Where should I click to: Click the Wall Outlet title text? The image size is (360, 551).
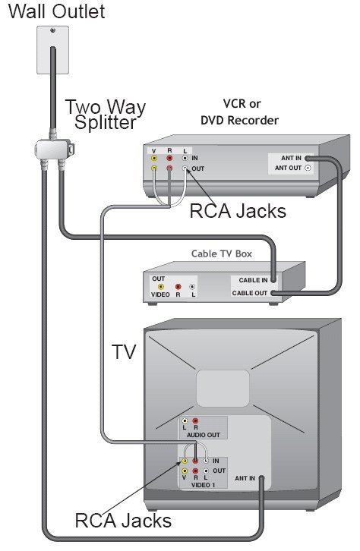point(56,11)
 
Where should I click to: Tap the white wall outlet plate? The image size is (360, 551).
point(52,49)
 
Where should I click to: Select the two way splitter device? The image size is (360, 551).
point(55,150)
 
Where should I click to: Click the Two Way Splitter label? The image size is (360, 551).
point(106,115)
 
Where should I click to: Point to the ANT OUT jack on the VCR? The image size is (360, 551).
point(308,168)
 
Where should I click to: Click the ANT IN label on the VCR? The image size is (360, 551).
point(291,158)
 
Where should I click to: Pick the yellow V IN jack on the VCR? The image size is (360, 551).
point(154,158)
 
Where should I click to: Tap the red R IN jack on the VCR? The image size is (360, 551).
point(169,158)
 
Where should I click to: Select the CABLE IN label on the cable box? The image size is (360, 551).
point(253,280)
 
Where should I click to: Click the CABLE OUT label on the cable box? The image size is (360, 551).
point(250,293)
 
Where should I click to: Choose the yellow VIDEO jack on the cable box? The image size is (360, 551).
point(161,287)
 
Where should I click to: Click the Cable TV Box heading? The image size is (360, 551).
point(222,253)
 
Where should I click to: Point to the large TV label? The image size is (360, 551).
point(124,352)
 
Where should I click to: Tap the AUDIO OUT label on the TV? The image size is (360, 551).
point(204,435)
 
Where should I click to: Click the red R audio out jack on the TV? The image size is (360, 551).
point(195,420)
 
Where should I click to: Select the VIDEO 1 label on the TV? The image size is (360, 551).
point(204,485)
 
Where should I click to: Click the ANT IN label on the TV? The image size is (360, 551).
point(245,478)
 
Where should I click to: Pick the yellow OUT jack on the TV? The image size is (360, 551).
point(185,471)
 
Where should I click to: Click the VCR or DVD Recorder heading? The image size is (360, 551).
point(240,112)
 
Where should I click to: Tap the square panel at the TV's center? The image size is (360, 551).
point(223,389)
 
